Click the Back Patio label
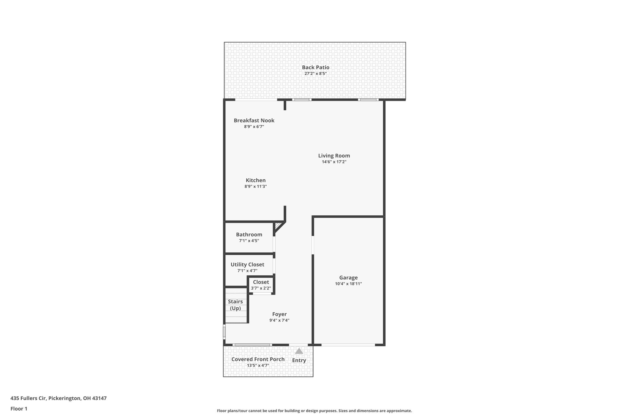point(315,67)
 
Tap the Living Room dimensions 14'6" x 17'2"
point(334,162)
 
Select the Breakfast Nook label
point(254,120)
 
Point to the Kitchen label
point(256,180)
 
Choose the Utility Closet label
point(247,264)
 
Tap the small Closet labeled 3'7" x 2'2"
point(261,285)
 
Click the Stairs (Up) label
point(235,305)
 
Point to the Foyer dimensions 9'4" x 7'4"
point(279,320)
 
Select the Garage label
point(348,278)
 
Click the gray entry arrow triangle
point(299,351)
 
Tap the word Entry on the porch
point(299,360)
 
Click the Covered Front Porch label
point(258,359)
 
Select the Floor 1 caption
point(19,409)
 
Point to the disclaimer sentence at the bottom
point(314,411)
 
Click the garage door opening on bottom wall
point(348,345)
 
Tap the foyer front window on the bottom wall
point(252,345)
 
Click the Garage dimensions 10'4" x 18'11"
point(348,284)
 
